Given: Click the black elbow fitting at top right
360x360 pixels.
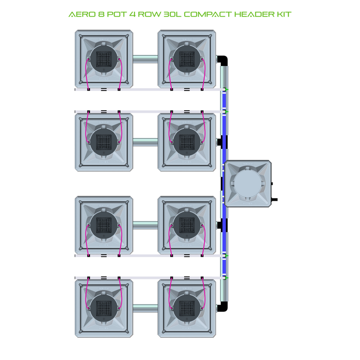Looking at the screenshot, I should coord(223,60).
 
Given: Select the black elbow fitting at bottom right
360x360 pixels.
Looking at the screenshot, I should coord(223,306).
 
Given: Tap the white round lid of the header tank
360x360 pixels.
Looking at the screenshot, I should coord(248,183).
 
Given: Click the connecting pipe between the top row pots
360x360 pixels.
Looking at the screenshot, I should coord(145,59).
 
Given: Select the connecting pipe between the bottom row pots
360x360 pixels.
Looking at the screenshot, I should coord(145,308).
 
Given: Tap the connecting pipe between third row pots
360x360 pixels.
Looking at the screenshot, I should coord(145,225).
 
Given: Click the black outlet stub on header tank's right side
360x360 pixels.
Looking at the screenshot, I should coord(274,200).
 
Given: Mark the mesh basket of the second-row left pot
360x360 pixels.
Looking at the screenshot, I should coord(104,142).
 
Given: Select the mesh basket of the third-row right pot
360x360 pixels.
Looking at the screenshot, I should coord(187,225).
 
